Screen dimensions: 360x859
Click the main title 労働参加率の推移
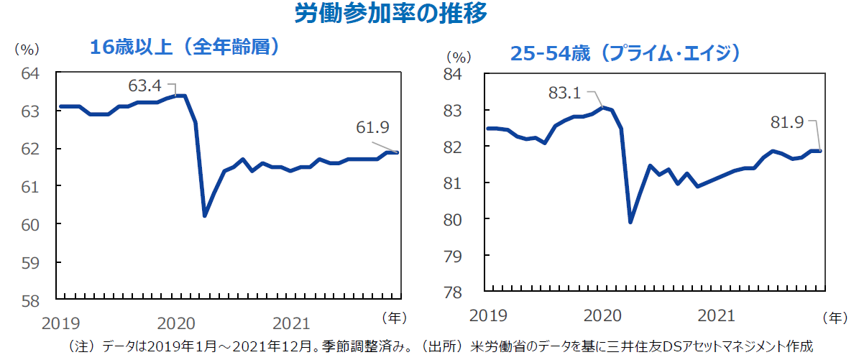(391, 14)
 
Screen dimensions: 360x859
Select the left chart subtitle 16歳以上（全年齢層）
(183, 47)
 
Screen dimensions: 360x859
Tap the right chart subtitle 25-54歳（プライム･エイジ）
(624, 54)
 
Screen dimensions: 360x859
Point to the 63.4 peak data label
(144, 86)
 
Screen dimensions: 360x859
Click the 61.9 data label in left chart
(372, 128)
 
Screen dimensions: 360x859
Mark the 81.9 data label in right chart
(787, 123)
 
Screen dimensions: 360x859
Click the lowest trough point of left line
(205, 216)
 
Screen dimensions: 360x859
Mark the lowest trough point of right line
(631, 222)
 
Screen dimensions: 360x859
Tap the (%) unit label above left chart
(27, 50)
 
